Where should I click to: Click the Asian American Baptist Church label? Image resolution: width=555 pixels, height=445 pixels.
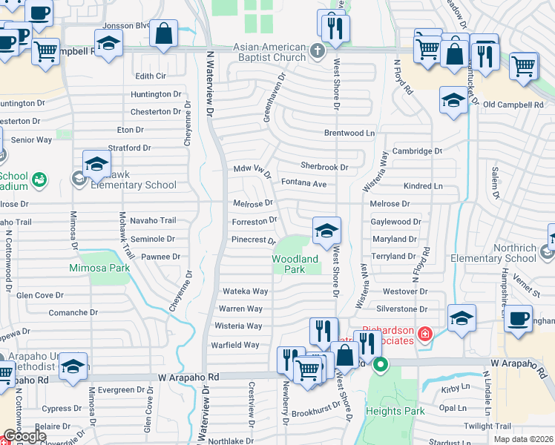tap(258, 52)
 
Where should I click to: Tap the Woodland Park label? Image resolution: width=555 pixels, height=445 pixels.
tap(295, 264)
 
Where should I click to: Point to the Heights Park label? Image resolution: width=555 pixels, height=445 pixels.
tap(395, 411)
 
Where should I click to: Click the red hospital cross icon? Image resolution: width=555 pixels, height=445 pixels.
tap(424, 334)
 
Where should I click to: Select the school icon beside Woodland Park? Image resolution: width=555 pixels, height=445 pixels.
tap(326, 231)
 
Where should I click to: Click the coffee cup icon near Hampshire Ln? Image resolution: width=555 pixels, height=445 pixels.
tap(519, 318)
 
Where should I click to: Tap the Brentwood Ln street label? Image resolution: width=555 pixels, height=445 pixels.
tap(349, 133)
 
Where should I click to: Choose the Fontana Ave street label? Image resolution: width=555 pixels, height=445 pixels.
tap(303, 183)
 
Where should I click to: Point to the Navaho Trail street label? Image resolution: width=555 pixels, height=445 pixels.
tap(153, 220)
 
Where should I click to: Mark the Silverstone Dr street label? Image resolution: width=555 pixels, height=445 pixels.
tap(402, 309)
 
